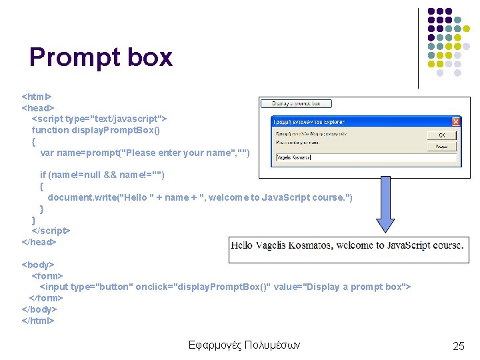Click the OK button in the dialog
pos(441,135)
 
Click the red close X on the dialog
pos(456,121)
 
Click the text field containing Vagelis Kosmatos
pos(365,158)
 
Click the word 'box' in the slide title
pos(151,57)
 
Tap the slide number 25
pos(458,345)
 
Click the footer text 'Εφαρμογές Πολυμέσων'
pos(244,345)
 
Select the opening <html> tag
pos(37,97)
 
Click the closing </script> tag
pos(51,231)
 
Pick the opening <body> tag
pos(38,265)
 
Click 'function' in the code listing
pos(51,130)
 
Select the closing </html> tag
pos(38,321)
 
